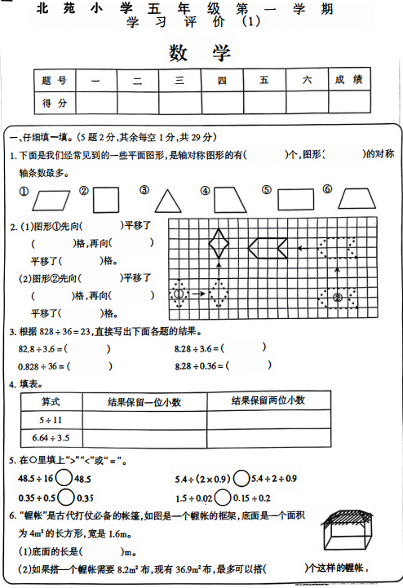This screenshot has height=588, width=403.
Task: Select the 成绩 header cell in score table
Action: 348,80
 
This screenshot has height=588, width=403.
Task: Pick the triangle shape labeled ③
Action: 168,201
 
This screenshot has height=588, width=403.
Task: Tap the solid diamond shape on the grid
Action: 219,243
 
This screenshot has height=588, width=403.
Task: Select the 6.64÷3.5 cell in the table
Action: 51,437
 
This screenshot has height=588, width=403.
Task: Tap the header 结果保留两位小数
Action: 268,400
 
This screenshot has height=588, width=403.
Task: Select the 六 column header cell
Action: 307,80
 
